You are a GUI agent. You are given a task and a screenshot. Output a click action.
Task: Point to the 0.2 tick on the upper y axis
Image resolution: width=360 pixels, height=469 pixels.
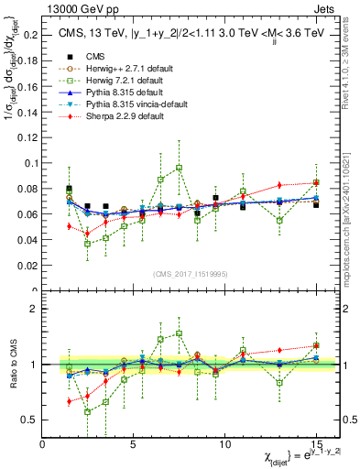(x=30, y=35)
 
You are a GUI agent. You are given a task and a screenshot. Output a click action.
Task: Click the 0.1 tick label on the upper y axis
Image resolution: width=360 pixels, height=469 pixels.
(x=30, y=163)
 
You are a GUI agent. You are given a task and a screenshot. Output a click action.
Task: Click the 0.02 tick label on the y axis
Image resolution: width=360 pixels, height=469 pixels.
(x=27, y=266)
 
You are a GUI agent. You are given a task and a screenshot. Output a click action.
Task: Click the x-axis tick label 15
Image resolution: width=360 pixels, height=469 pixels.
(x=316, y=443)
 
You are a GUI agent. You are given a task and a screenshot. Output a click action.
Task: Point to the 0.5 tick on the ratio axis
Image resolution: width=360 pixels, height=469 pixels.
(x=30, y=420)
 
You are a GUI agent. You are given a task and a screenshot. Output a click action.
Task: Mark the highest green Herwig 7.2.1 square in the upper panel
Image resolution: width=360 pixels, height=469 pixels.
(x=179, y=168)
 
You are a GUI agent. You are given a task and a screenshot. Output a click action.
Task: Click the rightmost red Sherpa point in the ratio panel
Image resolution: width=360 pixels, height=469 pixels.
(x=316, y=345)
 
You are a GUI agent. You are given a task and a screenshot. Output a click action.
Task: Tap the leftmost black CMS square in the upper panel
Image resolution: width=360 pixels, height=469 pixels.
(x=70, y=189)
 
